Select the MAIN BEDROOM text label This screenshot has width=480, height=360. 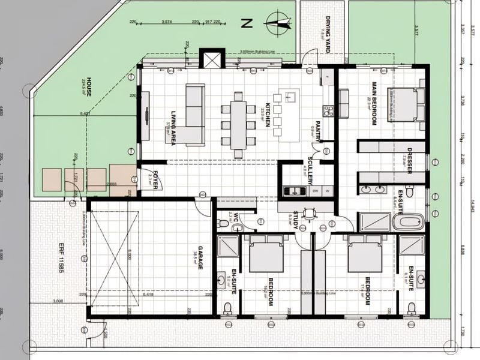(373, 103)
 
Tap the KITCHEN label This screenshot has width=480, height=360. (268, 115)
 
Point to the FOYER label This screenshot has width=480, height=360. (154, 181)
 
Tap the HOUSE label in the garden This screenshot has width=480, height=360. (88, 88)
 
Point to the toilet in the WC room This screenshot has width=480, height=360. (224, 223)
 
